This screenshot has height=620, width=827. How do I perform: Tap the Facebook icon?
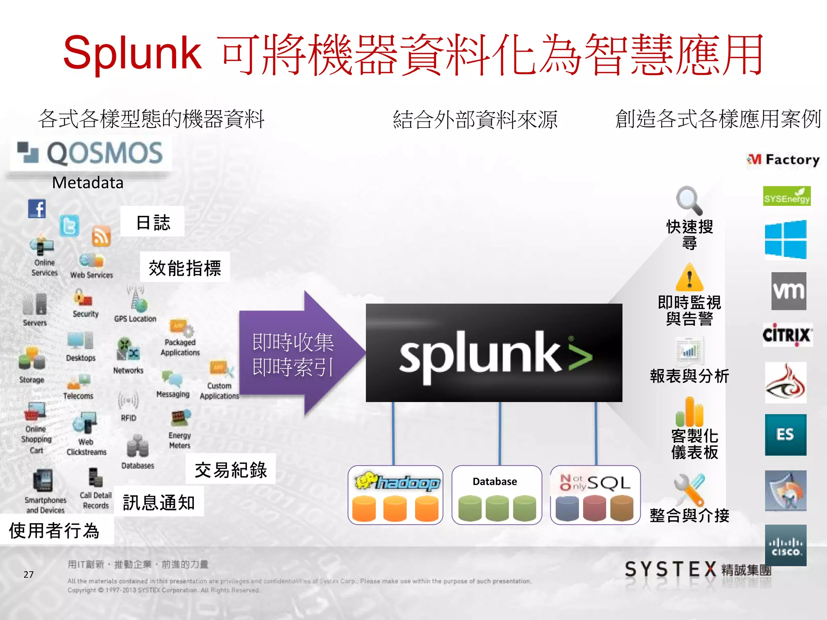pos(37,209)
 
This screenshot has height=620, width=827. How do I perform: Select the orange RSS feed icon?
pos(101,236)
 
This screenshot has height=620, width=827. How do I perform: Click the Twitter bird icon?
pos(69,226)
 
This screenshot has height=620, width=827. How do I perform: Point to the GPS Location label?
pos(135,319)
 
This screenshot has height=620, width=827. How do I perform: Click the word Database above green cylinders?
pos(495,482)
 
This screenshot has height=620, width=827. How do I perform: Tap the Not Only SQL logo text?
pos(595,483)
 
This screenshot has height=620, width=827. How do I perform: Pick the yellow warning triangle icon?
pos(689,278)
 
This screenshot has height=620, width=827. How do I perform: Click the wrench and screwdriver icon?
pos(689,489)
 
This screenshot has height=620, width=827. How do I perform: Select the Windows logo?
pos(785,239)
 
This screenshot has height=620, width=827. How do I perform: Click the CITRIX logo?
pos(787,335)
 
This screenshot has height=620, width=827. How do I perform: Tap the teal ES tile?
pos(785,435)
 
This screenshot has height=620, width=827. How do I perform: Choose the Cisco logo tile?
pos(785,545)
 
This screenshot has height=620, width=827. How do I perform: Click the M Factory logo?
pos(783,160)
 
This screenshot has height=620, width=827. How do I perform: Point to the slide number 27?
pos(28,574)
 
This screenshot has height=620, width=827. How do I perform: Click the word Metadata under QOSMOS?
pos(88,183)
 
